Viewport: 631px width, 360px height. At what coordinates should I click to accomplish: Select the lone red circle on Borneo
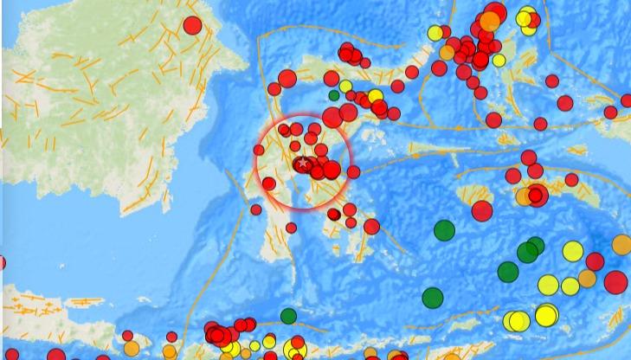coord(192,25)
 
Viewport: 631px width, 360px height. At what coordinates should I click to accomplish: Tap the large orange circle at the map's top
coord(490,20)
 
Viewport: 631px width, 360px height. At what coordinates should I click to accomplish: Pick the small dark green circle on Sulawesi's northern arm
coord(334,95)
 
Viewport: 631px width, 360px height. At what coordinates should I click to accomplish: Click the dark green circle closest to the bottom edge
coord(288,316)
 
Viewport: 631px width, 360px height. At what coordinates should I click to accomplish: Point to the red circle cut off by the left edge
coord(2,263)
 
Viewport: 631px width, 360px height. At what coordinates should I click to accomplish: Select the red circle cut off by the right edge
coord(628,101)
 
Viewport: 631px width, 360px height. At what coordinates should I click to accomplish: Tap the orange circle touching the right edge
coord(621,245)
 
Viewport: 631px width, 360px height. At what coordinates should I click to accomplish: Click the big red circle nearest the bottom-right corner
coord(615,282)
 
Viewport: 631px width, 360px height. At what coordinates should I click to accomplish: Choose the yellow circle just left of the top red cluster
coord(435,33)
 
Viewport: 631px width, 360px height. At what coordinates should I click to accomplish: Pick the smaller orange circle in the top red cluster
coord(447,52)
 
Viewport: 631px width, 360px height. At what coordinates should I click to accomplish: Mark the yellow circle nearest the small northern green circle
coord(345,86)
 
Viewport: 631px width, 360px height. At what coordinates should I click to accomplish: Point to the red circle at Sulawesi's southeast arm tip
coord(371,227)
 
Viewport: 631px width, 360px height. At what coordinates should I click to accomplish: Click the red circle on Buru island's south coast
coord(482,211)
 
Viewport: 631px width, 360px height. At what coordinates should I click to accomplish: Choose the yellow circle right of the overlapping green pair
coord(573,251)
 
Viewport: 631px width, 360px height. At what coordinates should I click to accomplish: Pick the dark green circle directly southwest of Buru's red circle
coord(444,230)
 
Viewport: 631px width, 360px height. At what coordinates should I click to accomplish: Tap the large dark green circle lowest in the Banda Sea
coord(433,298)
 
